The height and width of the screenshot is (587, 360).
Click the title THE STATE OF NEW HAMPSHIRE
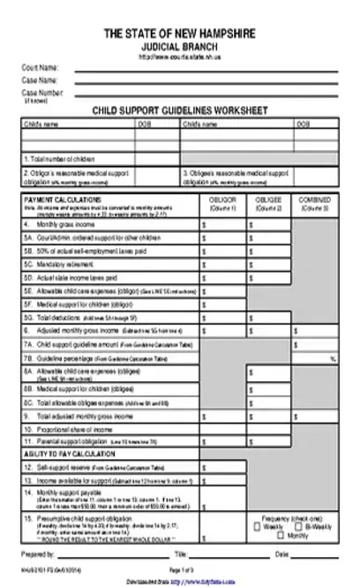point(180,32)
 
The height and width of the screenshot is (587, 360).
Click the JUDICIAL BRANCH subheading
point(180,44)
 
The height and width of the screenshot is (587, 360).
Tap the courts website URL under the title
point(180,55)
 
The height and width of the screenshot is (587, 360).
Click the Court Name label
point(41,67)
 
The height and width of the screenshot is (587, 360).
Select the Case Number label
point(42,92)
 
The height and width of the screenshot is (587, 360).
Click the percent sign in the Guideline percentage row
point(333,359)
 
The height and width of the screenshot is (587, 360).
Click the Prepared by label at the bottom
point(39,554)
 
